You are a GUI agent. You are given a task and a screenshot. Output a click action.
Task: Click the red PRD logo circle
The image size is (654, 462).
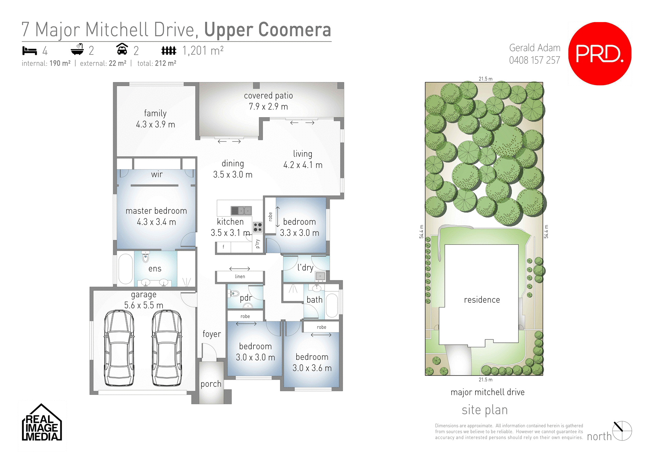[599, 53]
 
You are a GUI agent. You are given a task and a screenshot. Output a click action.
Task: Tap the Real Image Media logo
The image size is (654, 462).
[42, 423]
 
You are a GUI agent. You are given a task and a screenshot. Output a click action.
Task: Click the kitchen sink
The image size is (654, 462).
[241, 210]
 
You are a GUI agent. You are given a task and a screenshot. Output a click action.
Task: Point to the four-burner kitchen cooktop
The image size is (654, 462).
[258, 227]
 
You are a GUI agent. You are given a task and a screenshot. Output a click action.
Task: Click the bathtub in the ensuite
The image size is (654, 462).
[125, 269]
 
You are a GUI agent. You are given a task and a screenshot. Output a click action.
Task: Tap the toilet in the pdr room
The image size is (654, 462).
[234, 293]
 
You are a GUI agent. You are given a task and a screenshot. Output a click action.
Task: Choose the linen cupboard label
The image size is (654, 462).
[240, 276]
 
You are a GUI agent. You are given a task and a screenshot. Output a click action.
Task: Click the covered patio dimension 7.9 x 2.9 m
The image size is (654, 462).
[268, 107]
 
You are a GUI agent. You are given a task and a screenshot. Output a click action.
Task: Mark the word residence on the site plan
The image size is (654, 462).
[482, 300]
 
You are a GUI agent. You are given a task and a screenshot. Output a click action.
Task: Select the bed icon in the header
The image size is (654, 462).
[29, 51]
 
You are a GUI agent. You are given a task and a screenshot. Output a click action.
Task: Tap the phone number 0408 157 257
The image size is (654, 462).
[534, 60]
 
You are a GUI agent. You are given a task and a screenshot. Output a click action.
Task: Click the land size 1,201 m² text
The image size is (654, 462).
[203, 51]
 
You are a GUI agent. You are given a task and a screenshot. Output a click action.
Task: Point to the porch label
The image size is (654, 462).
[211, 384]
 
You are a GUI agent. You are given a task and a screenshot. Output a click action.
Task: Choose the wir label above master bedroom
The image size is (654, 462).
[157, 174]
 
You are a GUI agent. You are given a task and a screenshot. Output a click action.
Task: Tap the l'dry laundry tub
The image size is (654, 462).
[320, 276]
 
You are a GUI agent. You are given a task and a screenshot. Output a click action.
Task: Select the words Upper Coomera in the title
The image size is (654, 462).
[267, 30]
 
